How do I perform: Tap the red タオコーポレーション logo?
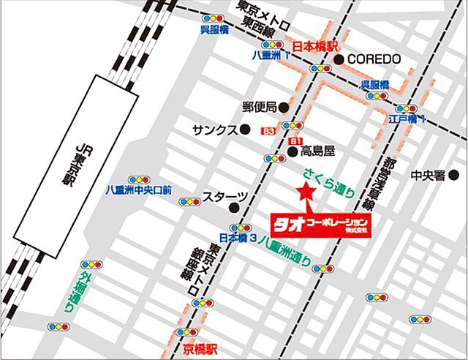[x=320, y=221]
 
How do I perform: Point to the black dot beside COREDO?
[x=339, y=59]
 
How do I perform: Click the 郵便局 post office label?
[x=259, y=106]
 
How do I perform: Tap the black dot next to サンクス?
[x=245, y=130]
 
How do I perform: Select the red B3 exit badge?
[x=270, y=132]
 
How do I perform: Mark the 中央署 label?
[x=428, y=175]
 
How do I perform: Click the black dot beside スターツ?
[x=255, y=197]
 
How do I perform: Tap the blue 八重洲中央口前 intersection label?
[x=138, y=190]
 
